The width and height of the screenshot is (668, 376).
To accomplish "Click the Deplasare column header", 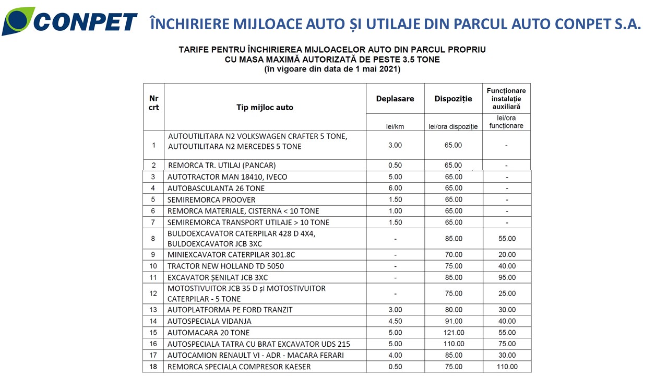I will coord(395,99).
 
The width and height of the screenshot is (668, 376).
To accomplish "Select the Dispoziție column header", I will coord(453,99).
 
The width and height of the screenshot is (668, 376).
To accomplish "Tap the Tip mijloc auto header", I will coord(265,108).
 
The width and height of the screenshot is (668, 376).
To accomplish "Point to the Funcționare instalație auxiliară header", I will coord(506,98).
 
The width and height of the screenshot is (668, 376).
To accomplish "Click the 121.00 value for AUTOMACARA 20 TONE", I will coord(453,333).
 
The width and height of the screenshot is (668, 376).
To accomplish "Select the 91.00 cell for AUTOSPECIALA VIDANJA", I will coord(453,321).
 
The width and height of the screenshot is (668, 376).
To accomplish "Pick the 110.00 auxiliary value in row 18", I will coord(506,367).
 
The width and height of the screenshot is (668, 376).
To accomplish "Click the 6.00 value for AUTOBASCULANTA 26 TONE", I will coord(395,188).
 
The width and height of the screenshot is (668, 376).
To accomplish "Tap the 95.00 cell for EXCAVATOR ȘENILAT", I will coord(506,277).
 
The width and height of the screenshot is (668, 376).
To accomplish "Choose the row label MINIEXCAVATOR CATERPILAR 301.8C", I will coord(235,255).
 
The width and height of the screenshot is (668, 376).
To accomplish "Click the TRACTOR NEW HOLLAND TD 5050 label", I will coord(225,266).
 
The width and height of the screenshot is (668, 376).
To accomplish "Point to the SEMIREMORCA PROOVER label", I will coord(211,199).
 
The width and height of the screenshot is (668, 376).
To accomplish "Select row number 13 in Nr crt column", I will coord(153,310).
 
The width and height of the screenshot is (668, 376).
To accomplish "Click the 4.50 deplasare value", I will coord(395,321).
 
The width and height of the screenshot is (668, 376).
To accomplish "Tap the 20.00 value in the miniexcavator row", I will coord(506,255).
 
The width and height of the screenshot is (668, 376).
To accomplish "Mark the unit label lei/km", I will coord(395,126).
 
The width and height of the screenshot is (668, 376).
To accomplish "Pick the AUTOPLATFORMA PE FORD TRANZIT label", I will coord(230,310).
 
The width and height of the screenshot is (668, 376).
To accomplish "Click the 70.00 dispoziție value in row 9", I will coord(453,255).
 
